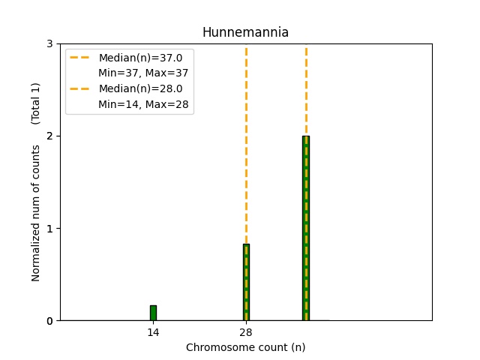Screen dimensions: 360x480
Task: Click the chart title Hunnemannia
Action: tap(245, 32)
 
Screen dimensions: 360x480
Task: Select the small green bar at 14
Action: tap(153, 313)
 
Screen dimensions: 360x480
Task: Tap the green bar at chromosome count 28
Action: tap(246, 282)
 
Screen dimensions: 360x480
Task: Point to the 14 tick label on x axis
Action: tap(153, 332)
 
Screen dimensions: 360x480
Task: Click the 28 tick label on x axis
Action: tap(246, 332)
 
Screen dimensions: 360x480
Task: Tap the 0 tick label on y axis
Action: tap(49, 321)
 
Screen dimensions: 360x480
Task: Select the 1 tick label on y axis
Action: tap(49, 229)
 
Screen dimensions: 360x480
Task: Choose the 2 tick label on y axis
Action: tap(49, 136)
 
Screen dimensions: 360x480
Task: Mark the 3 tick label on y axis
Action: tap(49, 44)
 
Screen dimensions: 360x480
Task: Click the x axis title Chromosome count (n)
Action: tap(245, 347)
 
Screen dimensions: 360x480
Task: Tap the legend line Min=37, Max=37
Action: tap(143, 73)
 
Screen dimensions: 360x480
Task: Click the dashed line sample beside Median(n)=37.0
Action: tap(80, 58)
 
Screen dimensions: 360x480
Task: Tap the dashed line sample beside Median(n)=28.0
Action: tap(80, 88)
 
